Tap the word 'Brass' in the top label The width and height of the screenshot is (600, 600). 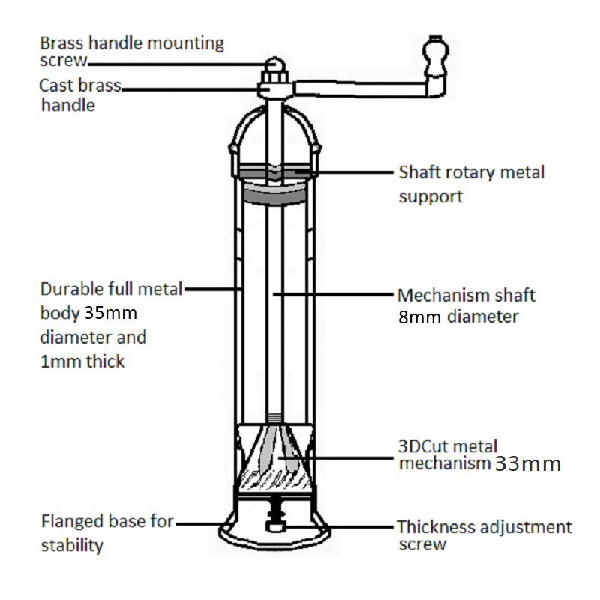point(63,43)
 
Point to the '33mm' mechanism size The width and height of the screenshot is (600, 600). point(528,464)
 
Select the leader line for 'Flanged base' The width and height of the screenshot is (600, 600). point(199,522)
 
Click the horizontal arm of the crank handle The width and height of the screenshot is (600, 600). point(360,88)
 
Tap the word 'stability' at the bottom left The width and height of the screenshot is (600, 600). point(71,545)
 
